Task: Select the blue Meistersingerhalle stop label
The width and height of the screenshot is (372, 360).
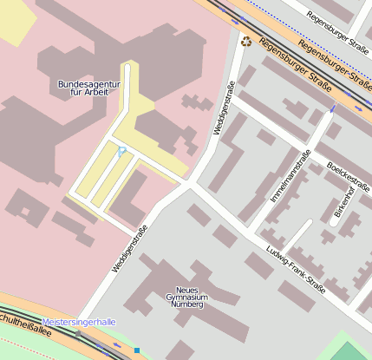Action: click(78, 322)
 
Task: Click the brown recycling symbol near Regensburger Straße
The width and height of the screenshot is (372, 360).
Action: click(246, 40)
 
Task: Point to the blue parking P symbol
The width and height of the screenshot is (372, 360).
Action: click(121, 152)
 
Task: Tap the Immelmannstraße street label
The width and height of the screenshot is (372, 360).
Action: click(290, 177)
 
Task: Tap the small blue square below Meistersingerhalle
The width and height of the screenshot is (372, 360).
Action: click(136, 350)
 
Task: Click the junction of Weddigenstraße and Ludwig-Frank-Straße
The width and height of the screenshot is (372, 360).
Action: click(191, 185)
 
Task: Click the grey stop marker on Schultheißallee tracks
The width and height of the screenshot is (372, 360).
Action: click(78, 333)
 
